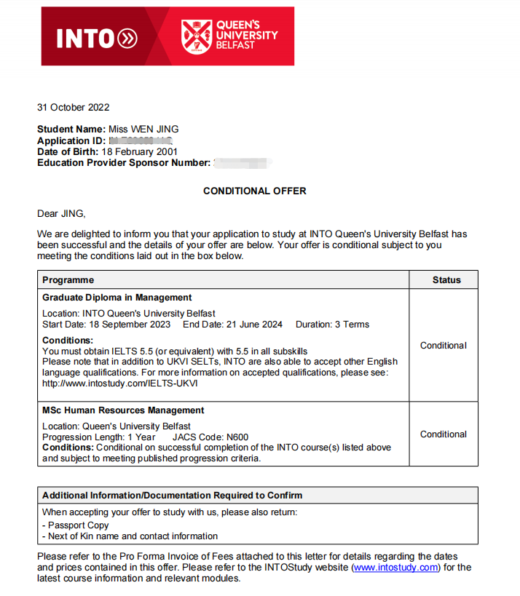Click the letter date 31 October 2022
click(73, 108)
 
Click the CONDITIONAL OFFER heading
click(254, 191)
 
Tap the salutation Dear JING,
click(61, 214)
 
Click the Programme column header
click(68, 280)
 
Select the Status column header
click(446, 280)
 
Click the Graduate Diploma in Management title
click(117, 298)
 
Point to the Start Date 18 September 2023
click(106, 325)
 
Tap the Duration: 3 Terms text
click(332, 325)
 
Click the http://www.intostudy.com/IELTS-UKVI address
click(120, 384)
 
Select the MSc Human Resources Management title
click(123, 410)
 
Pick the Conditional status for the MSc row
click(444, 434)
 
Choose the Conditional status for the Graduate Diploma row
click(444, 346)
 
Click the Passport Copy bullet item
click(76, 525)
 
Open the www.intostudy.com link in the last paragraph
click(395, 568)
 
